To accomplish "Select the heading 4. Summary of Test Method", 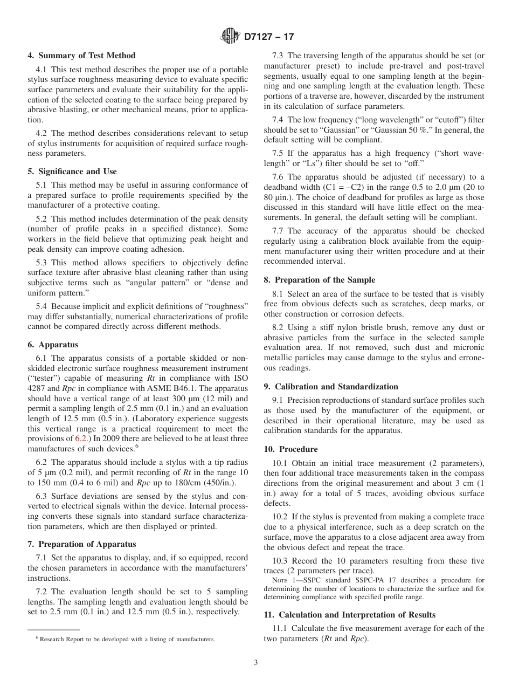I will (81, 56).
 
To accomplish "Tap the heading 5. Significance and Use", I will (72, 172).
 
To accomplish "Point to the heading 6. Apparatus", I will (53, 345).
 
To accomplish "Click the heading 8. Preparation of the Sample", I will (319, 280).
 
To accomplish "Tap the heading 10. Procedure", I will (290, 449).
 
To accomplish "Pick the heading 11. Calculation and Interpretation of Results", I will (350, 614).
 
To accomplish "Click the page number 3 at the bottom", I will (256, 663).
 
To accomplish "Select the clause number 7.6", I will (279, 177).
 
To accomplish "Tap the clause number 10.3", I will (281, 561).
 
